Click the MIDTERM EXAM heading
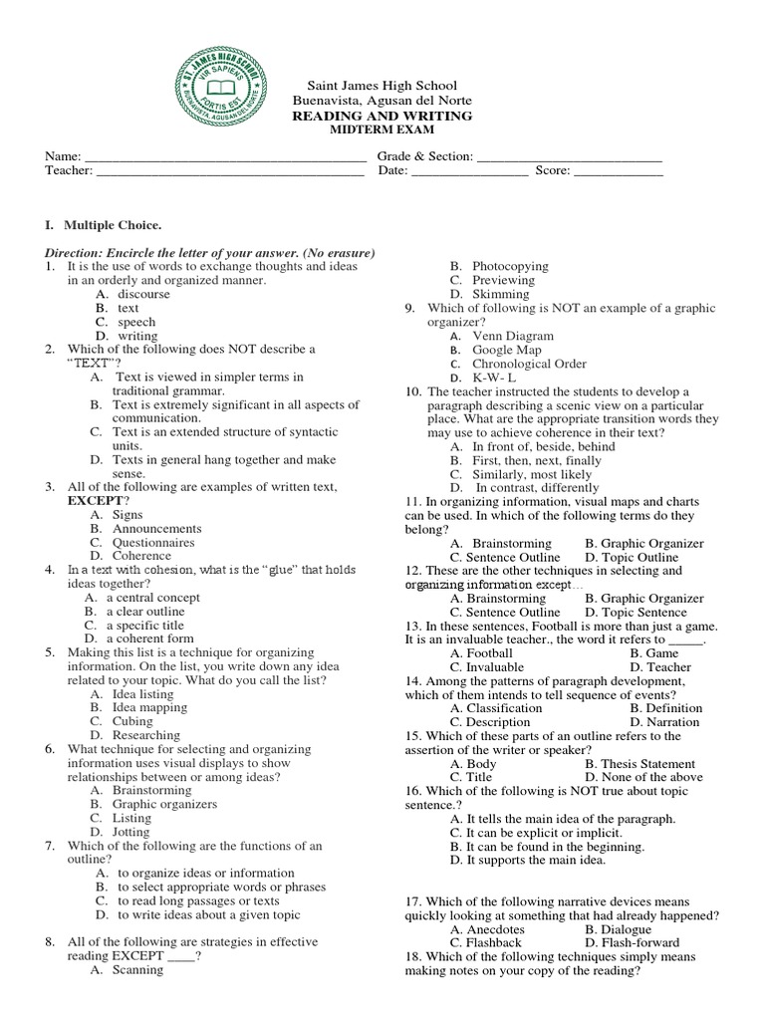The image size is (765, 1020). pos(382,130)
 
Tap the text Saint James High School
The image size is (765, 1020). pos(382,88)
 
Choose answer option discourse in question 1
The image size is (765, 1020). pos(143,294)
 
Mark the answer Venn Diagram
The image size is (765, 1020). pos(513,337)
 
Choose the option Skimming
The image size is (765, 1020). pos(501,295)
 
